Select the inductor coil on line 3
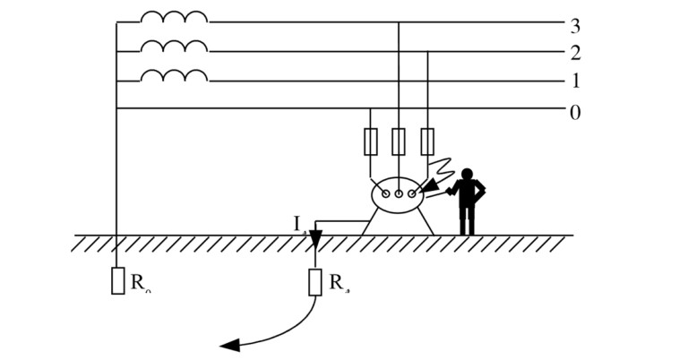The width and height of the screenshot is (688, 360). pyautogui.click(x=174, y=17)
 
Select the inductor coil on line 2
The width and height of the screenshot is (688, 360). pyautogui.click(x=174, y=47)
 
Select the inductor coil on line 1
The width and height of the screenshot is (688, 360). pyautogui.click(x=174, y=76)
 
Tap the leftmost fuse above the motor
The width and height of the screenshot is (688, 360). pyautogui.click(x=370, y=141)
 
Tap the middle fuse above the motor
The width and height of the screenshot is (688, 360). pyautogui.click(x=399, y=141)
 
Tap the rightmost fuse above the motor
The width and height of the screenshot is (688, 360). pyautogui.click(x=427, y=141)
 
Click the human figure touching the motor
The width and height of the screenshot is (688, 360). pyautogui.click(x=467, y=201)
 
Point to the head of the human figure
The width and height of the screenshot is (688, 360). pyautogui.click(x=467, y=174)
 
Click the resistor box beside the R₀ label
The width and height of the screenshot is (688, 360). pyautogui.click(x=117, y=280)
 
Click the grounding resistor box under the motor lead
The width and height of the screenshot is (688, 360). pyautogui.click(x=315, y=282)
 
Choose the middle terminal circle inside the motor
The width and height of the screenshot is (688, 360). pyautogui.click(x=399, y=193)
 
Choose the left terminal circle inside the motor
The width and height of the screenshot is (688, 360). pyautogui.click(x=385, y=193)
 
